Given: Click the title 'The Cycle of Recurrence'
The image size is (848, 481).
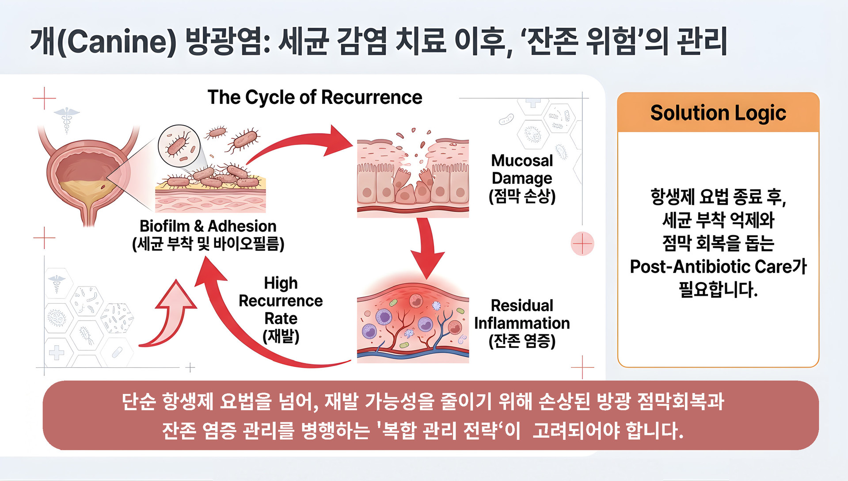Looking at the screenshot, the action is [x=315, y=97].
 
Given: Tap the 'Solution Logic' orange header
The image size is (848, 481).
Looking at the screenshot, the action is [x=718, y=112].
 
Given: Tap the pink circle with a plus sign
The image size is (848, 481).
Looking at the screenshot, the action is [x=582, y=244].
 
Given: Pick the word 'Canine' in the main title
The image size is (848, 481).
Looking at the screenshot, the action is [x=117, y=41].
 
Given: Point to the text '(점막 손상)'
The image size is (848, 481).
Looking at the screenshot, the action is [x=522, y=196].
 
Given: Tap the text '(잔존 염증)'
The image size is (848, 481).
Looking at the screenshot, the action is [x=522, y=341].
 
